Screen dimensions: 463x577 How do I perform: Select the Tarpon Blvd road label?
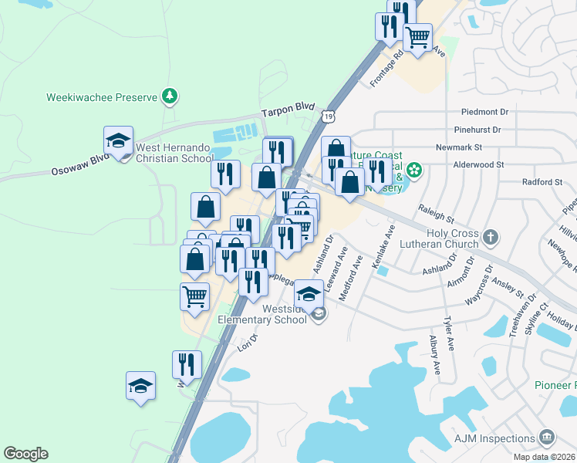click(x=288, y=111)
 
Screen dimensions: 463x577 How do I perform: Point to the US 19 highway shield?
click(x=329, y=117)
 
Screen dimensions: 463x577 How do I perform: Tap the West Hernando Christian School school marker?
click(x=119, y=142)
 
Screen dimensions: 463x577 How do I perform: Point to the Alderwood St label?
click(x=478, y=164)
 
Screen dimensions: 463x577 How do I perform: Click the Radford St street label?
click(x=542, y=182)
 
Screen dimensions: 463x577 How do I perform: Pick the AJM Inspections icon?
click(x=548, y=438)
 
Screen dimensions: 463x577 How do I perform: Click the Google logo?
click(x=25, y=454)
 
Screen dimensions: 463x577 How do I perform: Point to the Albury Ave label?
click(x=434, y=356)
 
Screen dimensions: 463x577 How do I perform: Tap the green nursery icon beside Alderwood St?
click(x=414, y=170)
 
